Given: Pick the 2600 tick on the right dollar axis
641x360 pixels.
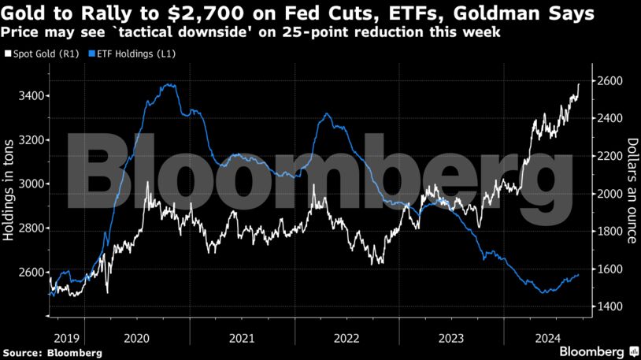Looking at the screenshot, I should point(610,81).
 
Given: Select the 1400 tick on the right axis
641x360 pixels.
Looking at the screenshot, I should point(610,306).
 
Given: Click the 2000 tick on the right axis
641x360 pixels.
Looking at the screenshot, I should point(610,194).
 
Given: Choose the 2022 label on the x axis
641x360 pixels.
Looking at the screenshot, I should point(346,337).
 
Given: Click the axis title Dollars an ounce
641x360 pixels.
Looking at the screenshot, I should point(632,190).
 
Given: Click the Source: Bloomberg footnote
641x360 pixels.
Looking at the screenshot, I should point(52,352).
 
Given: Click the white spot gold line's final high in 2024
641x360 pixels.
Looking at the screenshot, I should point(579,84).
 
